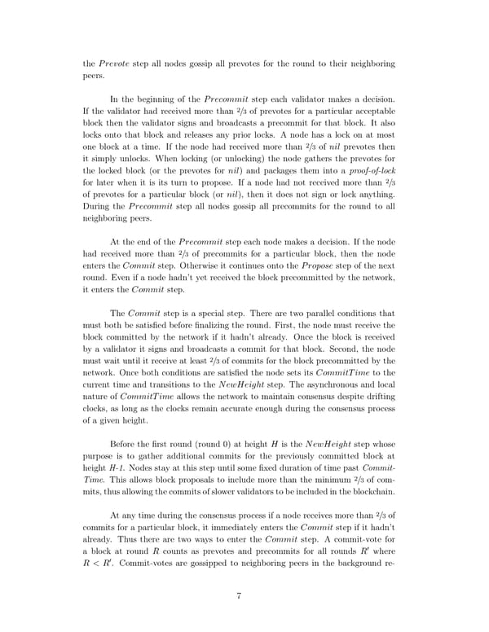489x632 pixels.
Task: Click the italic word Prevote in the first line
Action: click(112, 63)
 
